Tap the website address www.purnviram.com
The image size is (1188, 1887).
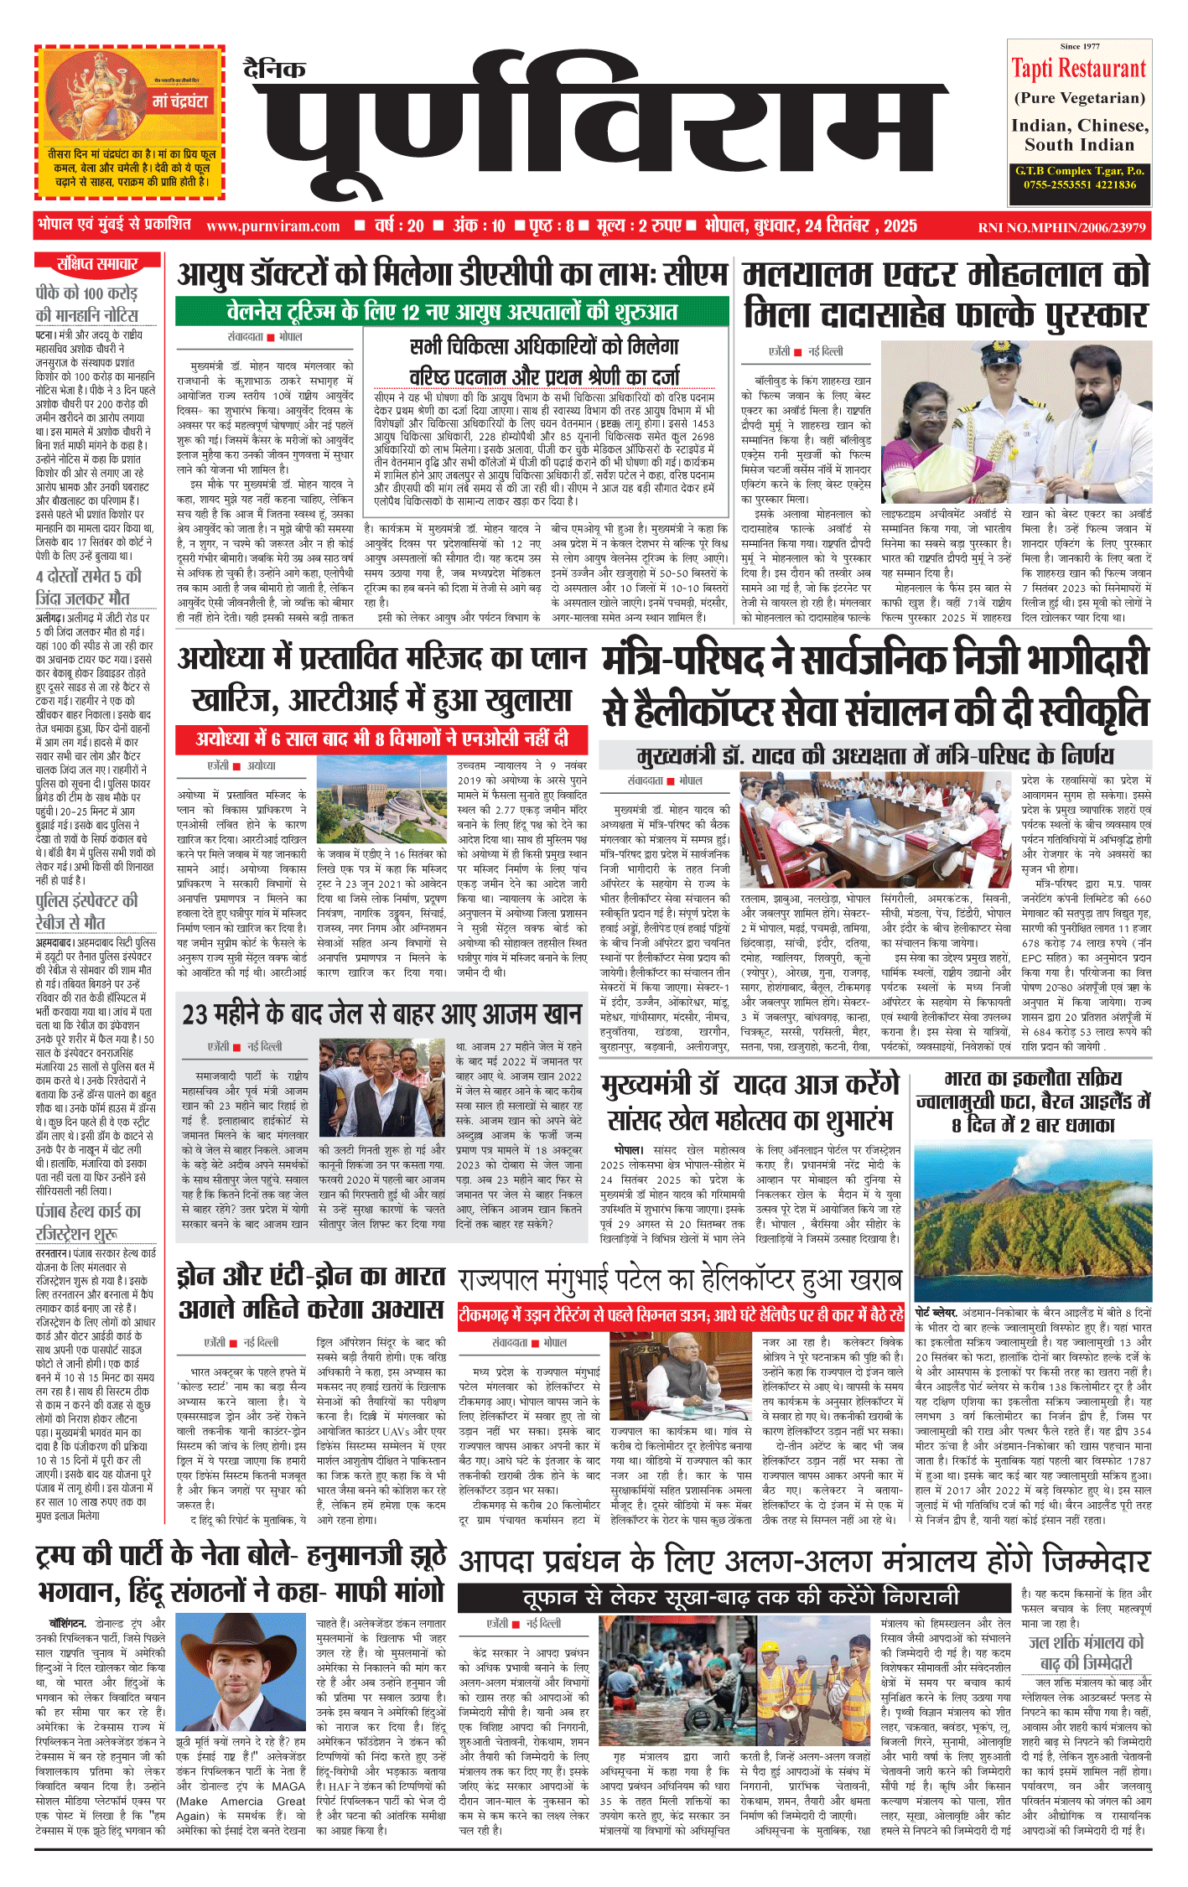(272, 226)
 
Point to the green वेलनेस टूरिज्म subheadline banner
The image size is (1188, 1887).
(452, 312)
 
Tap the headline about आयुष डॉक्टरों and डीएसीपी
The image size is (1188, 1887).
(452, 274)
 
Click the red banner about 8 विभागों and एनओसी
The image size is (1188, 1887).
(381, 739)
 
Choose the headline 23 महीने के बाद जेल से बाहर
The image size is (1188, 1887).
(382, 1015)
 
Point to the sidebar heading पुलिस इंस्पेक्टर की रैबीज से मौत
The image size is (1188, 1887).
(87, 912)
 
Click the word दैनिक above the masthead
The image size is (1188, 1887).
(274, 69)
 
